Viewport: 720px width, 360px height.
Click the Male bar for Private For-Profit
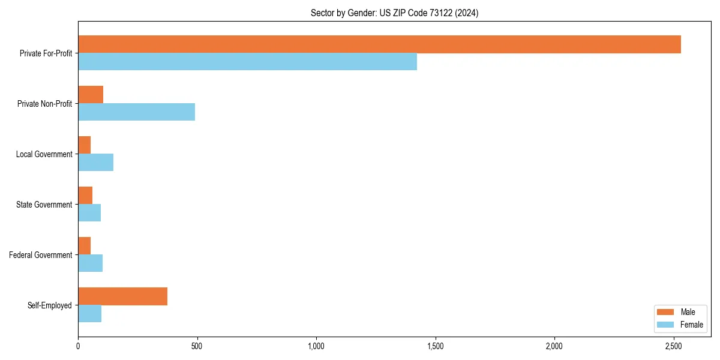coord(379,44)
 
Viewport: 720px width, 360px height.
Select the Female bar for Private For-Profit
coord(247,62)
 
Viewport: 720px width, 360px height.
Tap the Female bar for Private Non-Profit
coord(136,112)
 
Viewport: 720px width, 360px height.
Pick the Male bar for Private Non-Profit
coord(91,95)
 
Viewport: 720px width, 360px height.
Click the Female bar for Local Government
coord(95,163)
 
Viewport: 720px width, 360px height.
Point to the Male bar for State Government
coord(85,196)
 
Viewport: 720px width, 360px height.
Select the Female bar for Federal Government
coord(90,263)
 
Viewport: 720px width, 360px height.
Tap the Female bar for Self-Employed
coord(89,314)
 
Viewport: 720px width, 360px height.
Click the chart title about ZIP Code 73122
coord(394,13)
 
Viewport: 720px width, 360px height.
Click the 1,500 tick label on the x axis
coord(435,346)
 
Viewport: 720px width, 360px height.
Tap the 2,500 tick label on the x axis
coord(673,346)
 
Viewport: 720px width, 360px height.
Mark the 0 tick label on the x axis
coord(78,346)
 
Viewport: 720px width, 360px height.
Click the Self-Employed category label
coord(50,305)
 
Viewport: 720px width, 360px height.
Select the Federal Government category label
coord(41,255)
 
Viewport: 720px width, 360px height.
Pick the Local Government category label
coord(44,154)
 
